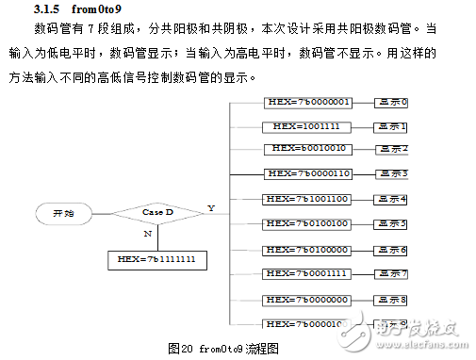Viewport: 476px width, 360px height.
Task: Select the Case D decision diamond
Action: click(158, 214)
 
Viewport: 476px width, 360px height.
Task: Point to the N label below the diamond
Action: click(147, 232)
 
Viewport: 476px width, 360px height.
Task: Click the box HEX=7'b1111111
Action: click(157, 257)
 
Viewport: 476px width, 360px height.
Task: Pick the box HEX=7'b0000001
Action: click(308, 102)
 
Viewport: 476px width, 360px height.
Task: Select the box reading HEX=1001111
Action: click(307, 125)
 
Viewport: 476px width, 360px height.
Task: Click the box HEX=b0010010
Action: click(308, 149)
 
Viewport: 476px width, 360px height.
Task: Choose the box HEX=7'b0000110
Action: click(308, 173)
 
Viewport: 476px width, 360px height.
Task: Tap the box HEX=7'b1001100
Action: click(308, 199)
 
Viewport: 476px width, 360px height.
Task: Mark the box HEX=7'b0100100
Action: click(308, 223)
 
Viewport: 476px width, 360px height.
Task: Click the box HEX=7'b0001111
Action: click(308, 273)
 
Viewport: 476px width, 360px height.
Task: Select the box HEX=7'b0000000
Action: click(308, 300)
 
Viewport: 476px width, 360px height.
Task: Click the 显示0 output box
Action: click(391, 102)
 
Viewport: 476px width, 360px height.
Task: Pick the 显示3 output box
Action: click(391, 174)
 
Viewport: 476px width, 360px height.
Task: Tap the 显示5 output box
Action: click(391, 224)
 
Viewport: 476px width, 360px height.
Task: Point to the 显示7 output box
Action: click(391, 274)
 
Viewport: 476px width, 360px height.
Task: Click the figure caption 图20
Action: click(181, 348)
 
